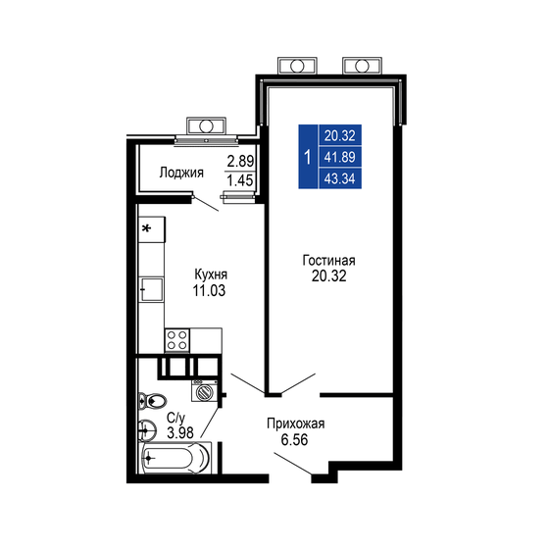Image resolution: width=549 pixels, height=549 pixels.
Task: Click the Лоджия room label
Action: click(x=181, y=173)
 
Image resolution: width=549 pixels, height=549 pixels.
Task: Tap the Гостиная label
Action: click(x=327, y=261)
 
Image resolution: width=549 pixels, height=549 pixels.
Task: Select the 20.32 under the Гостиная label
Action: click(x=327, y=277)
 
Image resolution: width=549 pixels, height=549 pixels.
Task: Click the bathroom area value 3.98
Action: click(x=180, y=431)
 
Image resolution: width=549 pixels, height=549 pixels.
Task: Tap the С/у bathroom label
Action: click(x=178, y=417)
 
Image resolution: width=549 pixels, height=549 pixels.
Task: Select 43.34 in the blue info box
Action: click(x=338, y=177)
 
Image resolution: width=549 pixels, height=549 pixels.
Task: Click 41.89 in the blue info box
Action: click(x=338, y=157)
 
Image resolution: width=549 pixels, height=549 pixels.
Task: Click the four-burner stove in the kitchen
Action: click(x=178, y=339)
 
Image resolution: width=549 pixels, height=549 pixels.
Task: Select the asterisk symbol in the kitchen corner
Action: click(x=148, y=228)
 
